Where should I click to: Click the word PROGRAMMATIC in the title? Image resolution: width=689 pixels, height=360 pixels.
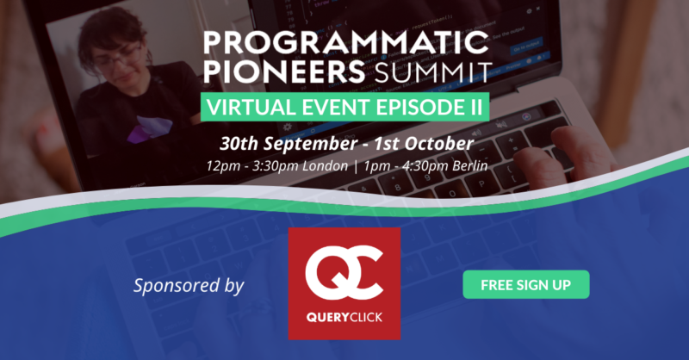[346, 43]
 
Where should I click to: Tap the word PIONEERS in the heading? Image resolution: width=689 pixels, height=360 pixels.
[284, 72]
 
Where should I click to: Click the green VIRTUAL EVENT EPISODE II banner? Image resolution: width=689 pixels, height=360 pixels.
[345, 107]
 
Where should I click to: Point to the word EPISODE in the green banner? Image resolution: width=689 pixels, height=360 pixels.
[413, 108]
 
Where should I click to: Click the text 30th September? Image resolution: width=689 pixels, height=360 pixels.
[289, 143]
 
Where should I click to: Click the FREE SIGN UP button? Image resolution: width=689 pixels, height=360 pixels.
[526, 284]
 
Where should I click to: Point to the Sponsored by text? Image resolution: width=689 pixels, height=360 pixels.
[189, 286]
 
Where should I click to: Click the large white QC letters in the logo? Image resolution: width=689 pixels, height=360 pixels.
[344, 273]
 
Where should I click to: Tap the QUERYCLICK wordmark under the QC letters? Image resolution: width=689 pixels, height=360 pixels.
[344, 317]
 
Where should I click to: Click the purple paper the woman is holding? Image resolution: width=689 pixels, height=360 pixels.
[149, 128]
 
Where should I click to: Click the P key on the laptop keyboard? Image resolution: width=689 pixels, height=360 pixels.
[481, 183]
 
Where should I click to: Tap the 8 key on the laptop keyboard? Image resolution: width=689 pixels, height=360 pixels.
[398, 187]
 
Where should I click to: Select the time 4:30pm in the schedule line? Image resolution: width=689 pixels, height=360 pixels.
[419, 166]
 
